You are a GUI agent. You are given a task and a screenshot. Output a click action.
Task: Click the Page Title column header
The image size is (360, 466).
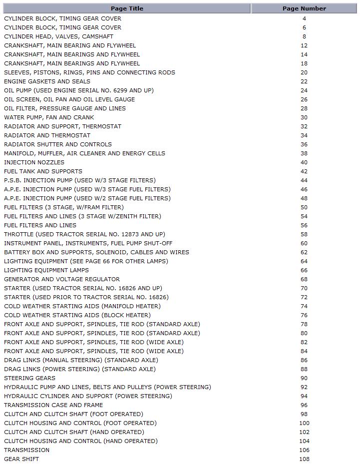pyautogui.click(x=127, y=8)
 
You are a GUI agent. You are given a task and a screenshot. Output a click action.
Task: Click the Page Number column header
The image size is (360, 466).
pyautogui.click(x=304, y=8)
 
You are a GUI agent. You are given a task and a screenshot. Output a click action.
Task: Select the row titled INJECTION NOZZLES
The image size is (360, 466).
pyautogui.click(x=34, y=162)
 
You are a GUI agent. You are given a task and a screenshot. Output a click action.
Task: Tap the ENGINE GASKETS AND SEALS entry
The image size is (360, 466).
pyautogui.click(x=47, y=81)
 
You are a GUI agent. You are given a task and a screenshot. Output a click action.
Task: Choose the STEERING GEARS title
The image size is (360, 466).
pyautogui.click(x=29, y=378)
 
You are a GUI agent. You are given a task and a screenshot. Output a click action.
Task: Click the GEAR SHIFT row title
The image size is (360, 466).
pyautogui.click(x=21, y=459)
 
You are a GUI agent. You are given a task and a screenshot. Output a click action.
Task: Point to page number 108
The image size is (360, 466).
pyautogui.click(x=304, y=459)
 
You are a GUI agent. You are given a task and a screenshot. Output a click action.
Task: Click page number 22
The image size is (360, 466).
pyautogui.click(x=304, y=81)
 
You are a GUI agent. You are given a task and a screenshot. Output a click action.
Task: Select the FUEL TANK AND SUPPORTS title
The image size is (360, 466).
pyautogui.click(x=43, y=171)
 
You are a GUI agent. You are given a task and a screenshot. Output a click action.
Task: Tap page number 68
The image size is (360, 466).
pyautogui.click(x=304, y=279)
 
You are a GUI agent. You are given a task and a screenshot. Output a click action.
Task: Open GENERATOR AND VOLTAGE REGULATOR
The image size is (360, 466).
pyautogui.click(x=62, y=279)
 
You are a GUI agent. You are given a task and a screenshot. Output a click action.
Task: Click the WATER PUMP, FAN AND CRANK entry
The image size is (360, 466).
pyautogui.click(x=49, y=117)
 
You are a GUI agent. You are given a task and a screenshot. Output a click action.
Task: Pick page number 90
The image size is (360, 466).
pyautogui.click(x=304, y=378)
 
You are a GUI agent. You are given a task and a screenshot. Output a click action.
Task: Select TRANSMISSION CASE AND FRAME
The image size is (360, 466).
pyautogui.click(x=53, y=405)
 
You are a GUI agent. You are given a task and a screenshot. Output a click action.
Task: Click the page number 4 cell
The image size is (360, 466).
pyautogui.click(x=304, y=18)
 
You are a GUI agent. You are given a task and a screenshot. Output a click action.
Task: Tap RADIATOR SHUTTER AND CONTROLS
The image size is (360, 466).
pyautogui.click(x=58, y=144)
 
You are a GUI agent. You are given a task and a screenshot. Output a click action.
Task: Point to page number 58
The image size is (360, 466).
pyautogui.click(x=304, y=234)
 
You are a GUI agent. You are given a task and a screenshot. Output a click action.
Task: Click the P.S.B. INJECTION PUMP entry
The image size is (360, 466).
pyautogui.click(x=80, y=180)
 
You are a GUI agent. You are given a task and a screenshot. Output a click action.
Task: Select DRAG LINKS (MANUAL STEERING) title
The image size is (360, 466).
pyautogui.click(x=81, y=360)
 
